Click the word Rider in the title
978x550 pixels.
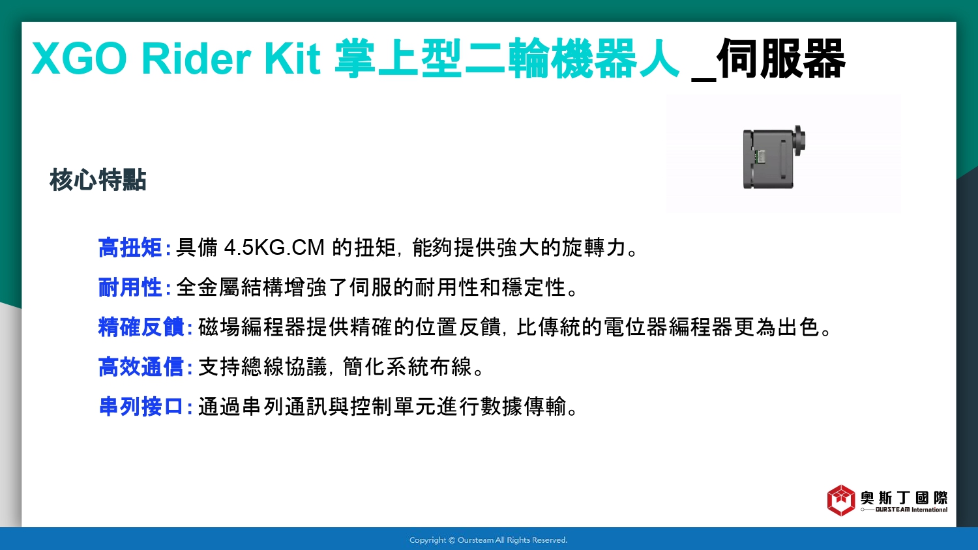196,59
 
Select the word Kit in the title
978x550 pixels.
292,59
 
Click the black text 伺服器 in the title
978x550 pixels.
780,59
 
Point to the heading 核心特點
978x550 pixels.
98,180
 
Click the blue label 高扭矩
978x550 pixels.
130,248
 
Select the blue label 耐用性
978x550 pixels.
130,287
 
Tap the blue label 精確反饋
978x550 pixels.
141,327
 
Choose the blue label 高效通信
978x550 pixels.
141,367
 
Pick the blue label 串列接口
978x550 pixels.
141,407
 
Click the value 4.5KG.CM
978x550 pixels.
274,248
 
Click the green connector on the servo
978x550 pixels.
760,156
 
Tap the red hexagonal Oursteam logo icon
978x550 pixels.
841,500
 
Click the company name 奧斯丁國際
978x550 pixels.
904,498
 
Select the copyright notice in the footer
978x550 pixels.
488,540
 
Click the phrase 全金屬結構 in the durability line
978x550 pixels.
230,287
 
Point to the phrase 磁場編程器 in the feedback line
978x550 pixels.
252,327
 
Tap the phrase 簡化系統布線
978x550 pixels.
407,367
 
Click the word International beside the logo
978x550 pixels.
930,510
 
